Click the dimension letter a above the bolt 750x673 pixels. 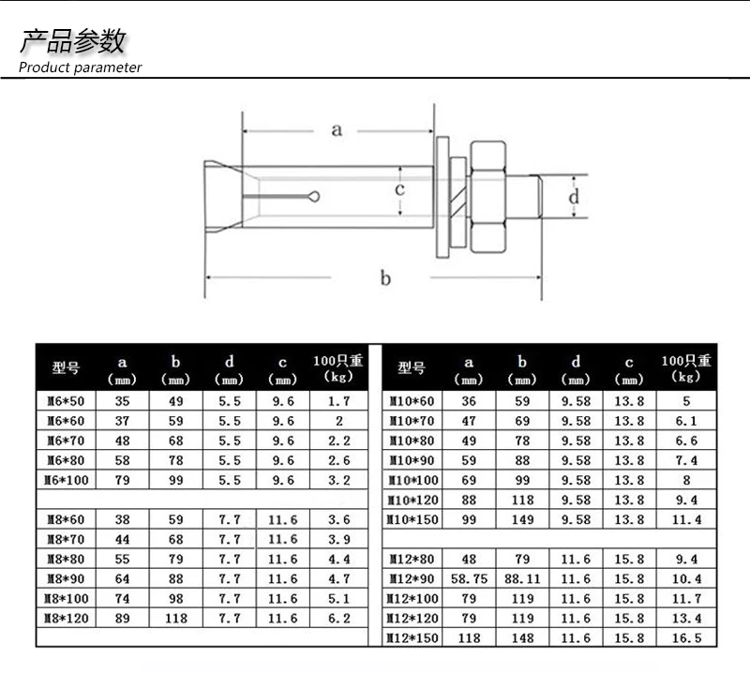[337, 130]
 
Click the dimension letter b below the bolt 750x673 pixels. [385, 277]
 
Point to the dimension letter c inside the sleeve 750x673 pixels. [400, 189]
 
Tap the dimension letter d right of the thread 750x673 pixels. [574, 196]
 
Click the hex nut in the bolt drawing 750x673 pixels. [487, 197]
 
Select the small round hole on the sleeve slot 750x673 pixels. [314, 196]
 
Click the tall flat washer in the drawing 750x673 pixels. [442, 197]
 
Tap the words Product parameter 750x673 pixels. [80, 67]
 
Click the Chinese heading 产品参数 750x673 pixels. [72, 41]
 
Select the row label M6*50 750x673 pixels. [66, 401]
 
